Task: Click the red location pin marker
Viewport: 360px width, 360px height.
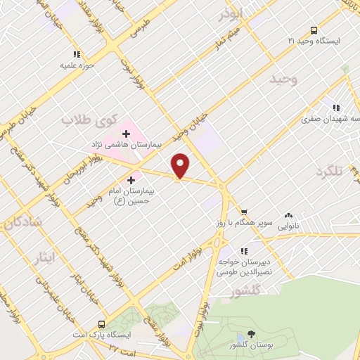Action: click(181, 165)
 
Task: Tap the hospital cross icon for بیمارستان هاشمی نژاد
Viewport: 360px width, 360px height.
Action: click(127, 133)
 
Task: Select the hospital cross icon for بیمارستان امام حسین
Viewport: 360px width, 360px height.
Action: click(130, 180)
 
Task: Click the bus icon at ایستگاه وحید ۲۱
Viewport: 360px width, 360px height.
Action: click(314, 30)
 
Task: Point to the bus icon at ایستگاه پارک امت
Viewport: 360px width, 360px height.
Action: click(103, 324)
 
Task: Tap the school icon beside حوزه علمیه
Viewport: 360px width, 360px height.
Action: click(77, 53)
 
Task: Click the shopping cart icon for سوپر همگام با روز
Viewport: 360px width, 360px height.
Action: click(243, 212)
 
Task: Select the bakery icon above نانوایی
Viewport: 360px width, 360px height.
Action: click(288, 216)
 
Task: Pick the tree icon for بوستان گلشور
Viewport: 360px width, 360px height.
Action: click(252, 334)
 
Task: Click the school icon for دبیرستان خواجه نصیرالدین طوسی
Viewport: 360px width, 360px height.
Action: click(244, 251)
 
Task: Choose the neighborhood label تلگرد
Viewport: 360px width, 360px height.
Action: click(333, 171)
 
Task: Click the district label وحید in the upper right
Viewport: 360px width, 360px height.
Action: click(283, 79)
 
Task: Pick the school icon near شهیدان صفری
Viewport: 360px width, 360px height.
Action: click(337, 108)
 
